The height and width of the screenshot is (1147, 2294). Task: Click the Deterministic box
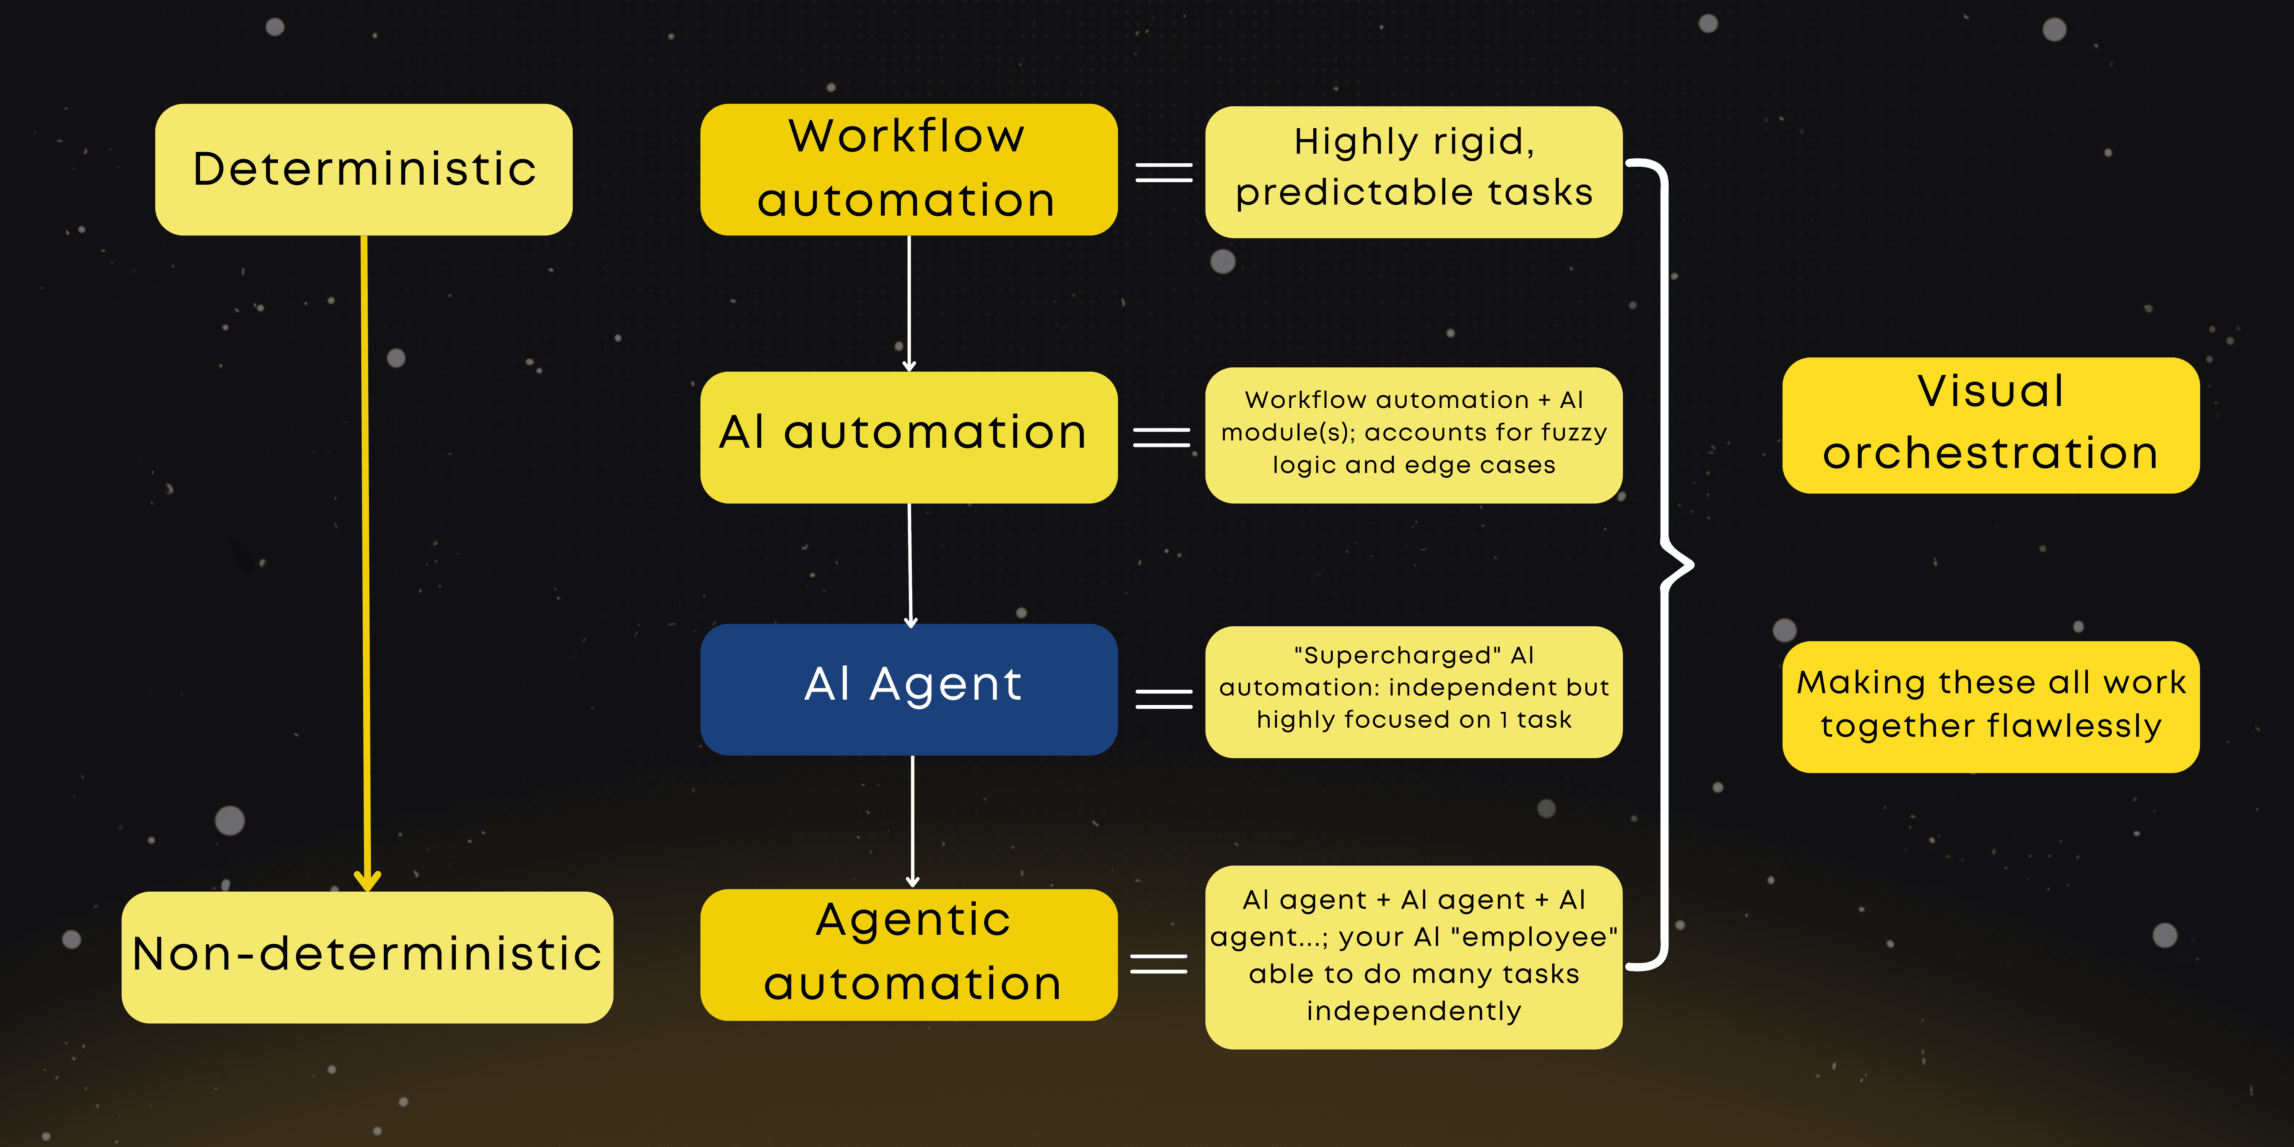(363, 169)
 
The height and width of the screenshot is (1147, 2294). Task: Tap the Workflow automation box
(908, 169)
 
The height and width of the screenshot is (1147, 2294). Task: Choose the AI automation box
(908, 436)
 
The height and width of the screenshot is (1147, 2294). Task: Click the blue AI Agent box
(908, 688)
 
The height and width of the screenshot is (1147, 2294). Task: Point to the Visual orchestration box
(1990, 425)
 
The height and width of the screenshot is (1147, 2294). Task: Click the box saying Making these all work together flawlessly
(1990, 706)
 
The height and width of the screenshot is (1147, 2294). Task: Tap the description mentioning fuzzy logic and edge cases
(1413, 435)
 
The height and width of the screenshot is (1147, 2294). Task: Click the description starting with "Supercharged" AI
(1413, 691)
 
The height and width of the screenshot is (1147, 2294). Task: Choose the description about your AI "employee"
(1413, 957)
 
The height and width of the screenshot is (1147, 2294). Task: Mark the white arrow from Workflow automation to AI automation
(908, 303)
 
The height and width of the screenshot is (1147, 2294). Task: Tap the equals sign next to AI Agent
(1163, 699)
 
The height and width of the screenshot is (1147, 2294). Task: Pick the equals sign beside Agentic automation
(1158, 963)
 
